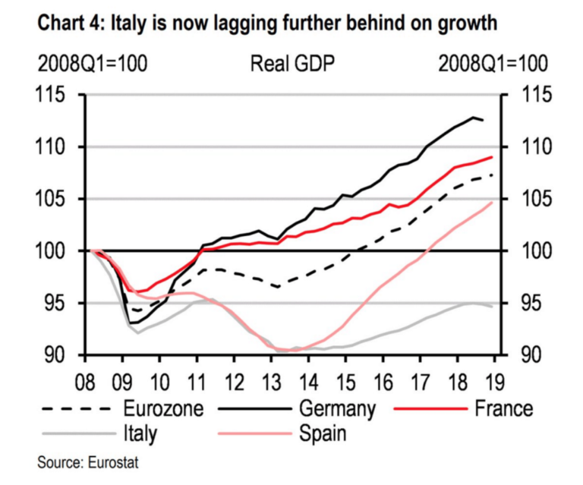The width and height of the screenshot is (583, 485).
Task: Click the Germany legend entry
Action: (337, 408)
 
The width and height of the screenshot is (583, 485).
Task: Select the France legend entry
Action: (503, 408)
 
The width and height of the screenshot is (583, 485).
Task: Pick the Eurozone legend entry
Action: (163, 408)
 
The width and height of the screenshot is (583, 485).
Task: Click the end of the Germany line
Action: (484, 121)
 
